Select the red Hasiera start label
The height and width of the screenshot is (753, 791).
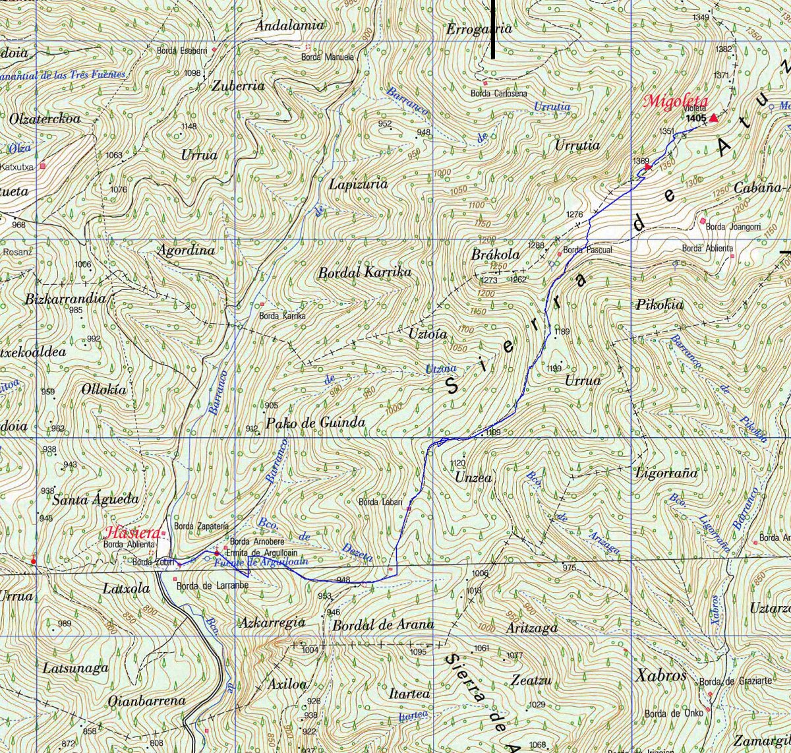[131, 533]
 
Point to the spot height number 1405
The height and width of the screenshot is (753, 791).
[695, 119]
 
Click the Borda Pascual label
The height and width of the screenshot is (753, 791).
[587, 250]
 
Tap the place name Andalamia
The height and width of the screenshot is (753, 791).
[290, 25]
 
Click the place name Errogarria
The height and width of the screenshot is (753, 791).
[479, 29]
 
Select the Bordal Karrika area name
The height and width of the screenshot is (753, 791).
[365, 272]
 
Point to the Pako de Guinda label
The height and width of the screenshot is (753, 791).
[315, 422]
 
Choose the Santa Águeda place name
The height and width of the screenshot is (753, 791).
[96, 499]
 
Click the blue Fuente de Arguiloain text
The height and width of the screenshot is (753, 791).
[261, 562]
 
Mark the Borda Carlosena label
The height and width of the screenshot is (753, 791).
[498, 94]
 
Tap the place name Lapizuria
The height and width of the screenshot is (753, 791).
[359, 185]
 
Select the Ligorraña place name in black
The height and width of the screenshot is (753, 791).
[666, 473]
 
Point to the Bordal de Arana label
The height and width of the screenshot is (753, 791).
[383, 624]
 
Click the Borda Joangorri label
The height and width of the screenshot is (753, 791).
[733, 227]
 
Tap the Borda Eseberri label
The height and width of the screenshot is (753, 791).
[183, 51]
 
